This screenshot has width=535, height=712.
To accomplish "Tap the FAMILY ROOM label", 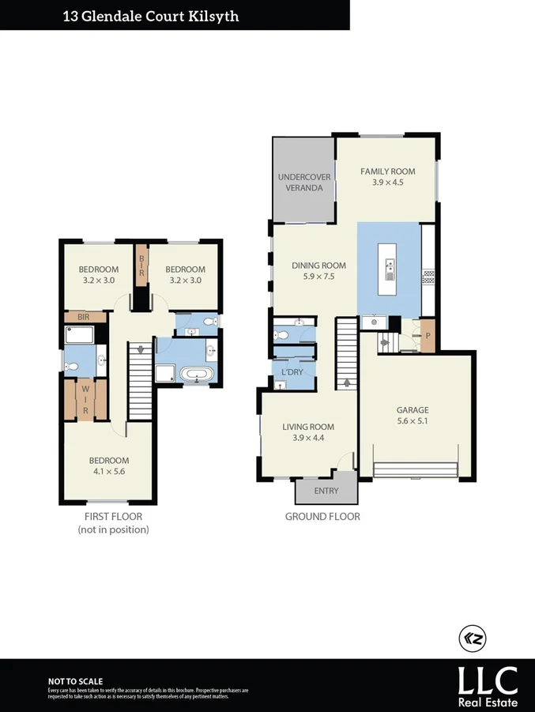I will click(387, 171).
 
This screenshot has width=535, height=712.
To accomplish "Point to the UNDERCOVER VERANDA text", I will click(303, 183).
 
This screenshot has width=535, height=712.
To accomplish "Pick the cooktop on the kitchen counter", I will click(429, 277).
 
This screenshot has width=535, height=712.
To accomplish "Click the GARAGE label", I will click(413, 410).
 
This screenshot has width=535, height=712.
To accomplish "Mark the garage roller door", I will click(416, 469).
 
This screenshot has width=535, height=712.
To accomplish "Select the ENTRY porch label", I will click(326, 491).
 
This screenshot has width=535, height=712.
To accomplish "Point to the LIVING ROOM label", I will click(309, 427).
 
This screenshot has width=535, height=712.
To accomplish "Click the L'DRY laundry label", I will click(284, 371).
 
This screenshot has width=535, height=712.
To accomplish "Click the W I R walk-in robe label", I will click(85, 400).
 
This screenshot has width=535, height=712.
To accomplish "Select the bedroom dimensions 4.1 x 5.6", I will click(109, 472).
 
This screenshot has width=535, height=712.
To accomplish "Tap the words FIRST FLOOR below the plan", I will click(113, 517).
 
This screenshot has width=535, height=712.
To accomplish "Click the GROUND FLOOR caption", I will click(322, 517).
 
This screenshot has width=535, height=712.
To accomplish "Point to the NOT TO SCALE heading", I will click(75, 680).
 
